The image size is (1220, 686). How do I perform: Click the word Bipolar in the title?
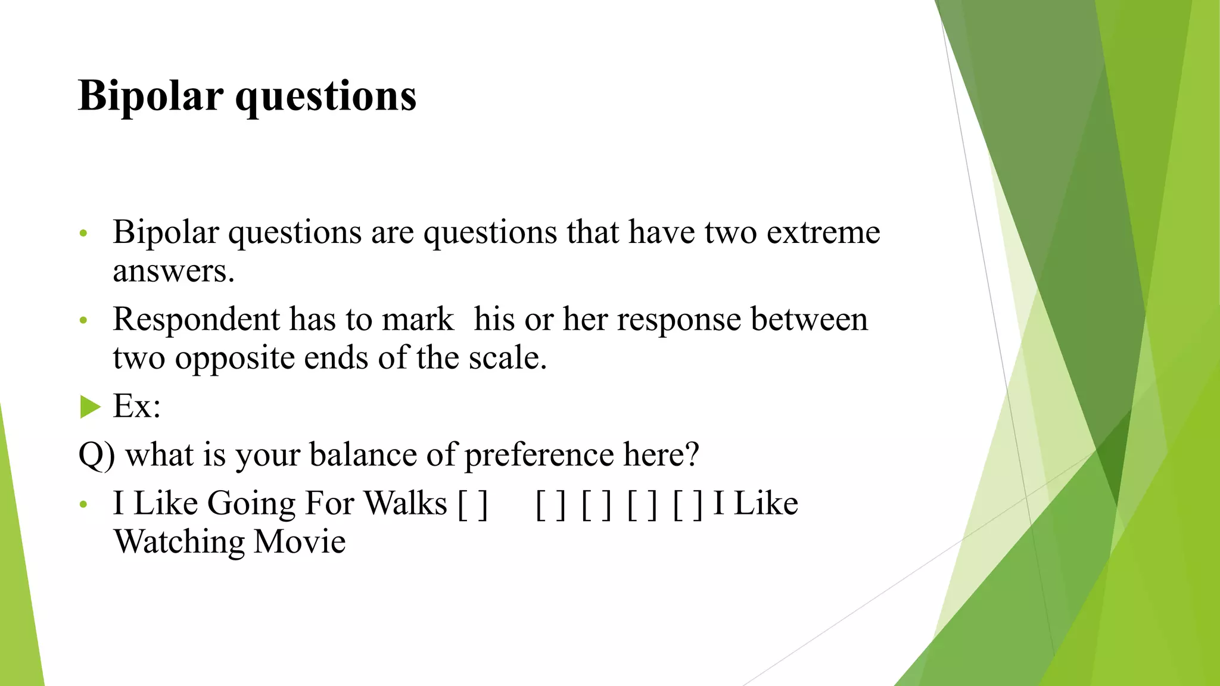tap(151, 96)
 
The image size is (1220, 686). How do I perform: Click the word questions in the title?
tap(326, 96)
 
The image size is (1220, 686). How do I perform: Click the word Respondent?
tap(197, 319)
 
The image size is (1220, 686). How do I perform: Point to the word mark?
tap(418, 319)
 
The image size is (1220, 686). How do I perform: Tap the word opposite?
tap(235, 358)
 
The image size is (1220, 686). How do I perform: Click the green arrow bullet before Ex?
tap(91, 407)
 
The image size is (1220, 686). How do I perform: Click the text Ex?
tap(137, 407)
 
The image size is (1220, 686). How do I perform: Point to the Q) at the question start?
tap(97, 455)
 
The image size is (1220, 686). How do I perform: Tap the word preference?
tap(539, 455)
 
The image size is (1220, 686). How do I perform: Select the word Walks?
tap(405, 503)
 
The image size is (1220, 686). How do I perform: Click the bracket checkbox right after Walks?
tap(473, 504)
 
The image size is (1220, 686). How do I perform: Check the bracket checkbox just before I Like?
tap(688, 504)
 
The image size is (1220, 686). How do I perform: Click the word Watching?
tap(179, 542)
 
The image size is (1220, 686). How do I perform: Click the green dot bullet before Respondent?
tap(83, 321)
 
